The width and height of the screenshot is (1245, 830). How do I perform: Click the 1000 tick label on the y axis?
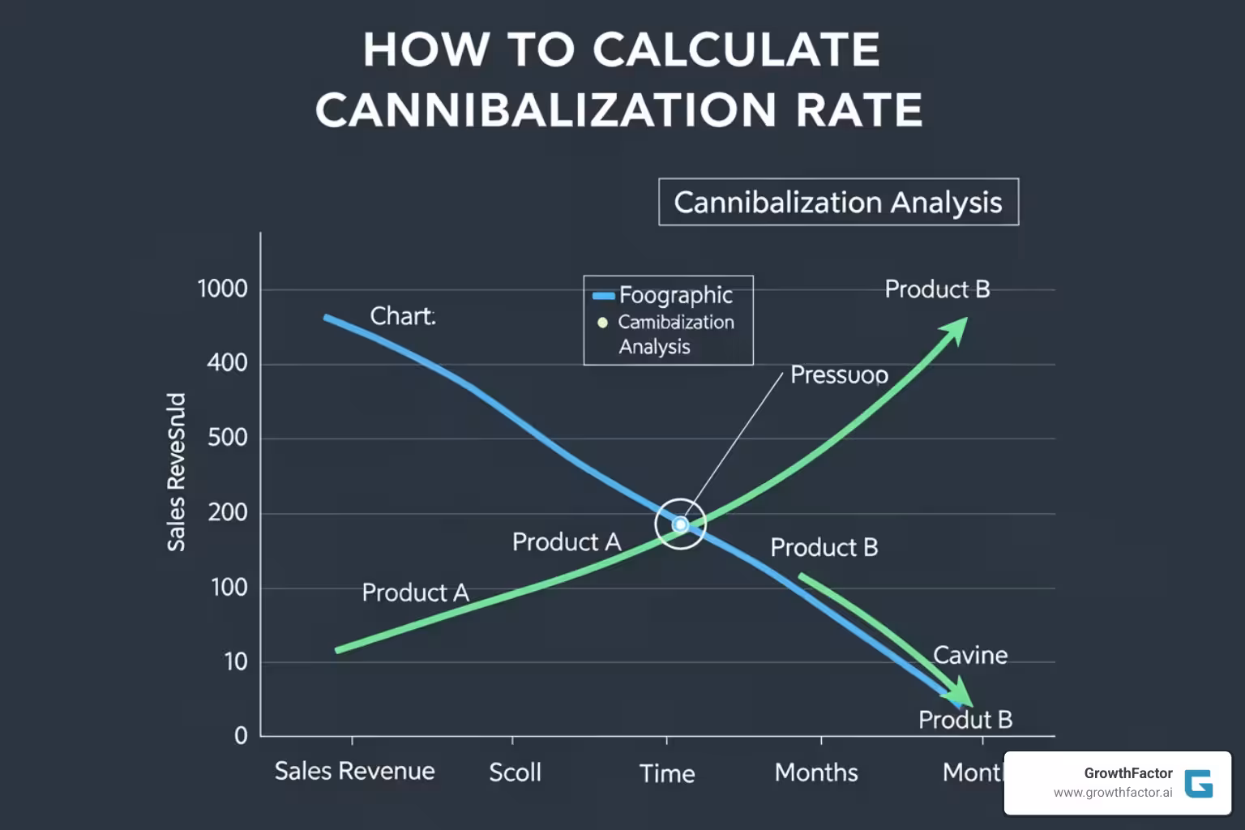[222, 289]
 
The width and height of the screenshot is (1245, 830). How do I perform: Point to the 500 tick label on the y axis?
[227, 438]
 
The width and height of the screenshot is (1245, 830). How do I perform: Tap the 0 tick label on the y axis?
[241, 735]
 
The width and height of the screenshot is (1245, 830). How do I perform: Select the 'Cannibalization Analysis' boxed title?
[838, 202]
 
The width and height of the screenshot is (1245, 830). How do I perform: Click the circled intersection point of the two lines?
[681, 524]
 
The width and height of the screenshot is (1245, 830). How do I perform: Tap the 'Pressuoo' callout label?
[839, 374]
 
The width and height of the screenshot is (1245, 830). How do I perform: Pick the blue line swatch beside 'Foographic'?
[604, 296]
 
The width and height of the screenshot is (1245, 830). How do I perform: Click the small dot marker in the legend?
[602, 323]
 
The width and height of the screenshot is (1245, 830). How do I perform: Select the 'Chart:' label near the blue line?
[403, 316]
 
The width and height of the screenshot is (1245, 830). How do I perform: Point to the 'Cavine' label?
[970, 655]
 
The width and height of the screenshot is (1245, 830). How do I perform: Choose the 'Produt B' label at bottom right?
[965, 720]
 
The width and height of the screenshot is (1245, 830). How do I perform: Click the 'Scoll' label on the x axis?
[515, 772]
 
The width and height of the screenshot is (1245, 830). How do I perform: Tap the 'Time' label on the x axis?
[667, 773]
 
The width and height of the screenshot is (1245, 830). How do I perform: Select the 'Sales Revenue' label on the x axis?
[354, 771]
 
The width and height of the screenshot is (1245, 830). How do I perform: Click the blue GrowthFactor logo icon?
[1199, 784]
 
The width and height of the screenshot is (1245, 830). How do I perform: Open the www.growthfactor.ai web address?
[1112, 793]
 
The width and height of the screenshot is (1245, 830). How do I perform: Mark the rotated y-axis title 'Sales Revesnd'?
[176, 472]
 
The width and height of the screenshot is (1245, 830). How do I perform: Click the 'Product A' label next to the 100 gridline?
[415, 593]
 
